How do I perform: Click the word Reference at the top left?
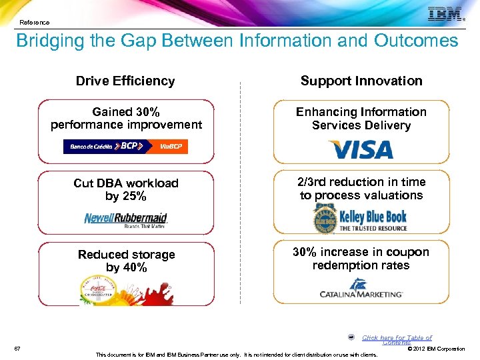pyautogui.click(x=34, y=22)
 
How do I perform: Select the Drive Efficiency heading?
pyautogui.click(x=125, y=81)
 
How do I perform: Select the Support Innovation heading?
pyautogui.click(x=361, y=81)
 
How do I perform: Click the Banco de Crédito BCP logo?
pyautogui.click(x=125, y=146)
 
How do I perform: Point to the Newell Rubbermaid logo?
pyautogui.click(x=126, y=219)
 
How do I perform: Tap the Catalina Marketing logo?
pyautogui.click(x=361, y=289)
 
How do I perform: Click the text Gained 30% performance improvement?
pyautogui.click(x=126, y=118)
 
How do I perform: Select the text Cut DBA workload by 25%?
pyautogui.click(x=126, y=189)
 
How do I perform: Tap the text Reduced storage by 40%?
pyautogui.click(x=126, y=261)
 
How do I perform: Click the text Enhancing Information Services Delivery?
pyautogui.click(x=361, y=119)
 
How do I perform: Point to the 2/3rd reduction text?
pyautogui.click(x=361, y=189)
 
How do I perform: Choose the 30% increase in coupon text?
pyautogui.click(x=361, y=259)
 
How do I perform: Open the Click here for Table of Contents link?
pyautogui.click(x=397, y=340)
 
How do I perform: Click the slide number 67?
pyautogui.click(x=17, y=348)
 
